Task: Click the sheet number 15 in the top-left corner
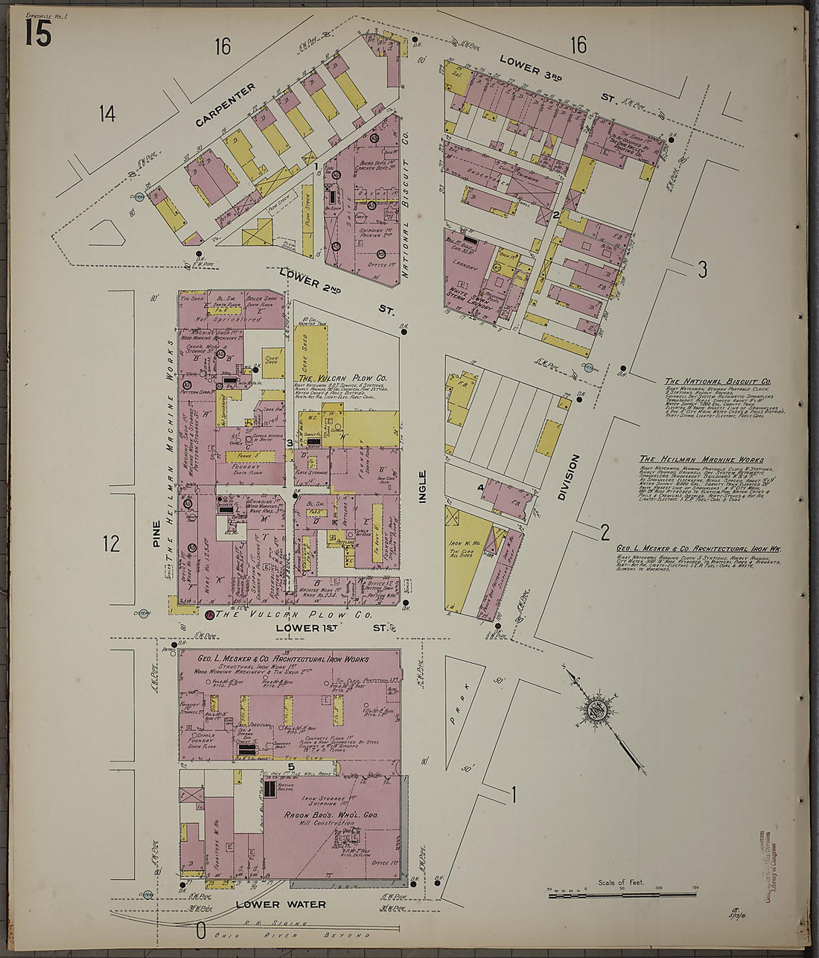coord(38,33)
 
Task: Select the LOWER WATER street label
coord(281,904)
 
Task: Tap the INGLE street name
coord(422,486)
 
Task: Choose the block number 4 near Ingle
coord(481,489)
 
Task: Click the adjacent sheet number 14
coord(107,114)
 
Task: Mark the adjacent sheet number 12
coord(111,543)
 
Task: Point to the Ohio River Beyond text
coord(322,934)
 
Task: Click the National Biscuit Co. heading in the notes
coord(718,381)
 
